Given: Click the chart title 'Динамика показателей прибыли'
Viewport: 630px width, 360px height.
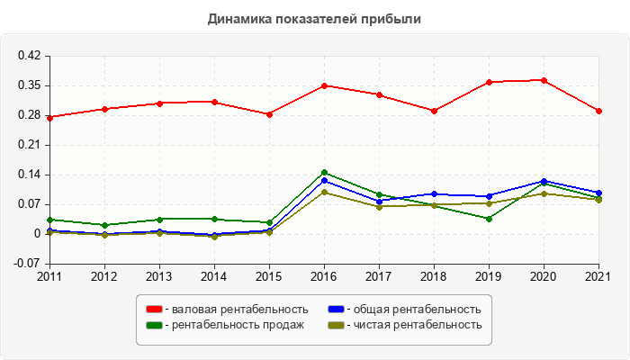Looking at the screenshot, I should [x=314, y=19].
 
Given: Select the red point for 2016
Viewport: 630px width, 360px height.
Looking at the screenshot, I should [x=324, y=85].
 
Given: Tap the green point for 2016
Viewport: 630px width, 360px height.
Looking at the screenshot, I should [x=324, y=172].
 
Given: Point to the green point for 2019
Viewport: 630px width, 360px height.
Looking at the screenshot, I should [x=489, y=219].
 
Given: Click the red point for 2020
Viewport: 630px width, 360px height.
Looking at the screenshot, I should [x=544, y=80].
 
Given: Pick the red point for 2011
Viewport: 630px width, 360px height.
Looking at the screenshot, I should [x=49, y=117].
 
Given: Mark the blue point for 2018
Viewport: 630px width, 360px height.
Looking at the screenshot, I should [x=434, y=193].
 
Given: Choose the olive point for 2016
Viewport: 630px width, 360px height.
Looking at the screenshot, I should [x=324, y=192].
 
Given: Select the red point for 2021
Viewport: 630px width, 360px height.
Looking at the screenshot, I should [x=598, y=111].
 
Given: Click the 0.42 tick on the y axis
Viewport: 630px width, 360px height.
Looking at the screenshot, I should [x=30, y=56].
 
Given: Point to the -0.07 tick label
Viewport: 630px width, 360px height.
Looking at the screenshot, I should [x=30, y=264].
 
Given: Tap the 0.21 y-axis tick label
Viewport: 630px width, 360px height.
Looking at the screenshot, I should [x=30, y=145].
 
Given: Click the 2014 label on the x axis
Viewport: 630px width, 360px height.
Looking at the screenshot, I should [x=214, y=275].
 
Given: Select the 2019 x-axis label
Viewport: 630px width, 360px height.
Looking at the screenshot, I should [x=489, y=275].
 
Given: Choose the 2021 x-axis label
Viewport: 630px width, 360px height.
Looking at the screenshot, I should [x=598, y=275].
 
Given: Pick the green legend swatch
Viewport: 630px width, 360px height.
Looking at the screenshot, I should [x=154, y=325].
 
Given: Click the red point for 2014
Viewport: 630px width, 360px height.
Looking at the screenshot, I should [x=214, y=102].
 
